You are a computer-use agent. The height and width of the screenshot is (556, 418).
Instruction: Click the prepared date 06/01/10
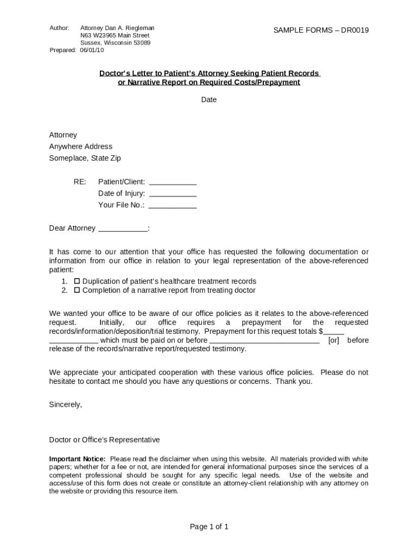point(92,50)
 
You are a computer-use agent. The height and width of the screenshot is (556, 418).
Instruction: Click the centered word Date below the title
point(209,99)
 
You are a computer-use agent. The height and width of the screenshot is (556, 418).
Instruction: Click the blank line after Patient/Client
point(172,183)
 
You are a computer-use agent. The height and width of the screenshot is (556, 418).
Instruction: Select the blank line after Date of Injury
point(172,194)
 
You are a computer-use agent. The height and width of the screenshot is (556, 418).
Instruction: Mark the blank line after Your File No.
point(172,206)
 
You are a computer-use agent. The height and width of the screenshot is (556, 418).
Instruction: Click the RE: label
point(80,182)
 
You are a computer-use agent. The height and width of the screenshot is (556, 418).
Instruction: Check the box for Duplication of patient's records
point(77,281)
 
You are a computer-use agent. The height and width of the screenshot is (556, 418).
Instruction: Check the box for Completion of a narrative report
point(77,290)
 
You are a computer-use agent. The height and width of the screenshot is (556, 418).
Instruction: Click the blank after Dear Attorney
point(122,229)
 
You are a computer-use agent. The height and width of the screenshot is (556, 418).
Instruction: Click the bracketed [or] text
point(334,340)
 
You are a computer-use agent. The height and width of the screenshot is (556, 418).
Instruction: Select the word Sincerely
point(66,405)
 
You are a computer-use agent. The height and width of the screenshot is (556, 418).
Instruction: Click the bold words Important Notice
point(78,459)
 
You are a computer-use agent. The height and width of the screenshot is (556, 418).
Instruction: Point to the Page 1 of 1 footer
point(209,527)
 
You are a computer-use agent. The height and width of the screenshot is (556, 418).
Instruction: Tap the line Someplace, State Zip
point(85,158)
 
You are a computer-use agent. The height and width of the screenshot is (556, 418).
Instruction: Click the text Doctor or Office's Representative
point(105,440)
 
